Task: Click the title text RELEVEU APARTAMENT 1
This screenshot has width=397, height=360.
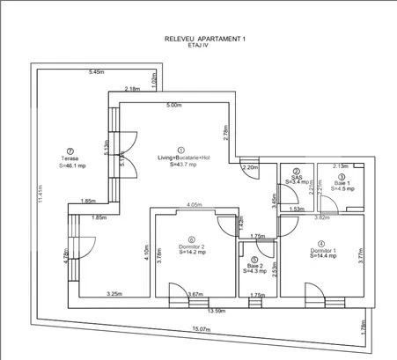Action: [x=205, y=40]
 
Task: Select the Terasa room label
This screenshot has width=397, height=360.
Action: [x=70, y=158]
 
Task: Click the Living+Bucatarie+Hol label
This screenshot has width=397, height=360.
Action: [x=181, y=158]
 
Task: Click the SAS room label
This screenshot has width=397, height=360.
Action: [x=298, y=176]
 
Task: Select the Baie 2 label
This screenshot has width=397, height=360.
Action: [x=254, y=266]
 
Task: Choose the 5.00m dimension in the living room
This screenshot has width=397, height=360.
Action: [x=174, y=105]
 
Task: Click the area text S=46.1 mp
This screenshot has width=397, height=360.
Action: [x=74, y=165]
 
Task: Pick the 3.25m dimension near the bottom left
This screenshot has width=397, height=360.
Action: [x=114, y=294]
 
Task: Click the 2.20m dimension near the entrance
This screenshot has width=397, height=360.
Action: [x=249, y=167]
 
